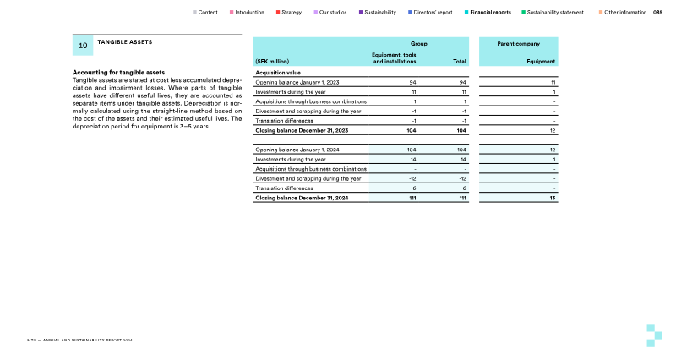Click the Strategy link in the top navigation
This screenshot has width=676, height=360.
(x=291, y=13)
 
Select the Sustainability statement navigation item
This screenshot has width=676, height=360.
(x=554, y=13)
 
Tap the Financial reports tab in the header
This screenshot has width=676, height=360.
(x=490, y=13)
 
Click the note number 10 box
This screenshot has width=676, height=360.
(x=83, y=45)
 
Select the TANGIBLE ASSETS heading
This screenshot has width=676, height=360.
(x=125, y=41)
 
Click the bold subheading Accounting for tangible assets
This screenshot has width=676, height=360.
(x=119, y=72)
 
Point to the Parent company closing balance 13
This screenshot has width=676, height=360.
(x=551, y=199)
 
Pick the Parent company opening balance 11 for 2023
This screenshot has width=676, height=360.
(x=551, y=82)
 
